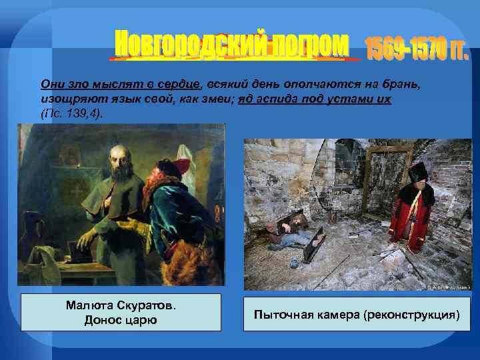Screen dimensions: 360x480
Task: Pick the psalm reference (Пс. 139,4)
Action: tap(72, 113)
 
